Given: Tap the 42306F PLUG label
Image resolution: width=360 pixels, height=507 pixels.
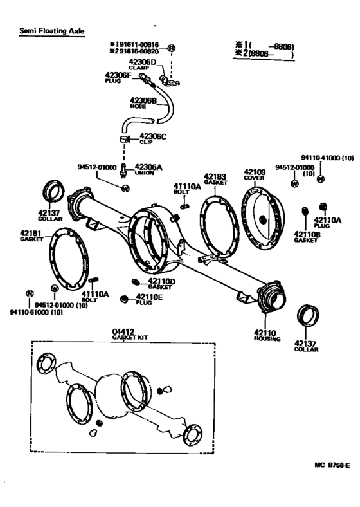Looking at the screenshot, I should point(118,77).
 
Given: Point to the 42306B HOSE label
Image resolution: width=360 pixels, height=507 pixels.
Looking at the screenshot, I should point(143,103).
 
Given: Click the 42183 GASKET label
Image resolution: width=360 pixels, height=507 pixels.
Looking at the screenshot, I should point(216,178).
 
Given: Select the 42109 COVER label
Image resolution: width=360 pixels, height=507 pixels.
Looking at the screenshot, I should point(254,175).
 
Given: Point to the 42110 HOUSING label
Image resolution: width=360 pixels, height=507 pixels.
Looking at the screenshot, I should point(267,335).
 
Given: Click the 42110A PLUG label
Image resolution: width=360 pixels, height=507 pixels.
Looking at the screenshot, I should point(327,222).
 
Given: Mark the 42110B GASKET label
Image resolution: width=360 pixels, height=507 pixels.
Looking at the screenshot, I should point(307,236).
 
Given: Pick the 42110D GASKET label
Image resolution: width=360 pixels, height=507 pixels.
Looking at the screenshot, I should point(161,284).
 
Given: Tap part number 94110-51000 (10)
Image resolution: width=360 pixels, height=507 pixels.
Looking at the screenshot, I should point(36,313).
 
